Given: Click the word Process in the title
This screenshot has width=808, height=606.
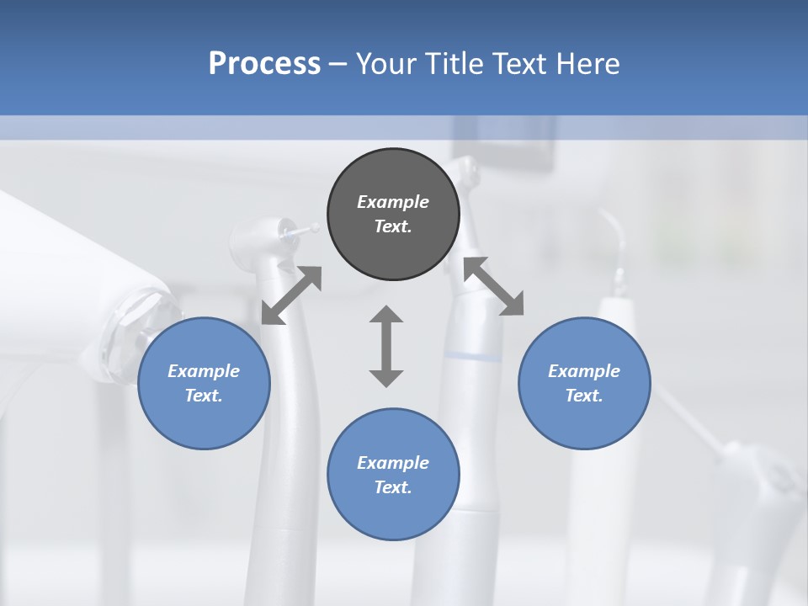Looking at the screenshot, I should [264, 64].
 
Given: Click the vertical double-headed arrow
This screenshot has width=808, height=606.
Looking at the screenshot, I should [386, 347].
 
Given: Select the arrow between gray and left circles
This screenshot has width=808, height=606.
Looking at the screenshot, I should [291, 295].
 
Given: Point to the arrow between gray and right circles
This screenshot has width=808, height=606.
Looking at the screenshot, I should [493, 286].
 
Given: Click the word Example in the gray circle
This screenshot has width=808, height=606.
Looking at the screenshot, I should [393, 202].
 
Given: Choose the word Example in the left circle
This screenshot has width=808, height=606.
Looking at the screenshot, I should [204, 371].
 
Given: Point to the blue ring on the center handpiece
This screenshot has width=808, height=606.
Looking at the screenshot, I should [470, 358].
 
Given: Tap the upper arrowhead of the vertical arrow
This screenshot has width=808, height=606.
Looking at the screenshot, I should [386, 315].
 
